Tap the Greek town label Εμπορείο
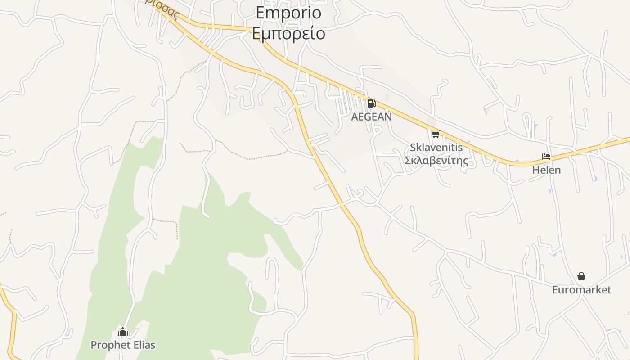tap(288, 33)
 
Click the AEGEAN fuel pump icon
tap(371, 103)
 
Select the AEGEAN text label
tap(371, 117)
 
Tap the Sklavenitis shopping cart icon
tap(435, 134)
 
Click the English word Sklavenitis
tap(436, 148)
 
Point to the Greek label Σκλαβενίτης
tap(436, 160)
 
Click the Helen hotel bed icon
tap(546, 157)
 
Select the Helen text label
tap(546, 170)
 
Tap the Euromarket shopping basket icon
tap(581, 276)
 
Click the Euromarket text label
tap(581, 289)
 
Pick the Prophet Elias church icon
tap(123, 332)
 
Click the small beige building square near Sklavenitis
tap(431, 122)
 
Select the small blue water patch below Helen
tap(550, 191)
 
